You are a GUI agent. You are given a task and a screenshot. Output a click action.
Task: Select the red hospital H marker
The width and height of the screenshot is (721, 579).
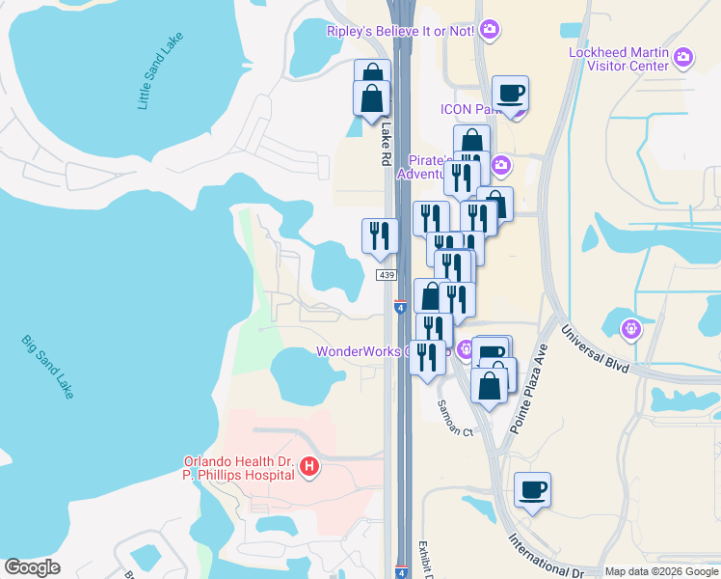pyautogui.click(x=309, y=468)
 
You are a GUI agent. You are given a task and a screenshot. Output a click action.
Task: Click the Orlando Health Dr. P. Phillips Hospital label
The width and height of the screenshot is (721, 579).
pyautogui.click(x=239, y=468)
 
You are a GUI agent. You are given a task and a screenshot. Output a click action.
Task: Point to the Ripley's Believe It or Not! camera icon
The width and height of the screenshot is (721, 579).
pyautogui.click(x=489, y=30)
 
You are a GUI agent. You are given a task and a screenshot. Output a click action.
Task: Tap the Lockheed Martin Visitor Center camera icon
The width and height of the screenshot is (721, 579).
pyautogui.click(x=683, y=58)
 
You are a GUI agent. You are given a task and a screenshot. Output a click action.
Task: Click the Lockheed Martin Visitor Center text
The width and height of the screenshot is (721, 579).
pyautogui.click(x=618, y=59)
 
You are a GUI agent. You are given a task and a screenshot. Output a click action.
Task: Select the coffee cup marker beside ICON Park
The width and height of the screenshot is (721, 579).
pyautogui.click(x=511, y=95)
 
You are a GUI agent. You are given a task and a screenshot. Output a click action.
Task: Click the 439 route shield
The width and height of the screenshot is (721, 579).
pyautogui.click(x=387, y=275)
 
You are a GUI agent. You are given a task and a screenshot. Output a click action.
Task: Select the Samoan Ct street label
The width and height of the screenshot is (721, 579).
pyautogui.click(x=455, y=417)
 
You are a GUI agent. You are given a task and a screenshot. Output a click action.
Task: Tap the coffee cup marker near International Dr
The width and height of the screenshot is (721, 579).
pyautogui.click(x=532, y=490)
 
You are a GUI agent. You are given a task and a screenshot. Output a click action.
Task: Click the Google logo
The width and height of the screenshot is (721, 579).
pyautogui.click(x=33, y=567)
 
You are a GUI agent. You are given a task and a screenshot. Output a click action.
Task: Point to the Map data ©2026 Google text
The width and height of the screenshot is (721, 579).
pyautogui.click(x=661, y=571)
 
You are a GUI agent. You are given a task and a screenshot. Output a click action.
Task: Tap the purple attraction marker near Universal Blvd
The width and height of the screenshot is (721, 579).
pyautogui.click(x=631, y=329)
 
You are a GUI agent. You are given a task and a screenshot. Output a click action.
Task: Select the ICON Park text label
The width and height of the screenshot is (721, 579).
pyautogui.click(x=467, y=109)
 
